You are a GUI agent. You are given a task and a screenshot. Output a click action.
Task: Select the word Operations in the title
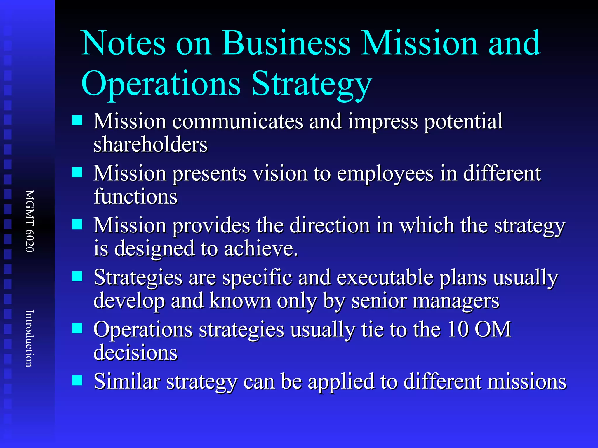pos(161,84)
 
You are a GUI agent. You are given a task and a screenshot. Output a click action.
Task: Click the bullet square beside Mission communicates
pos(77,120)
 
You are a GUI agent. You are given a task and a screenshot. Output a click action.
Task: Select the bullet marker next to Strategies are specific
pos(77,276)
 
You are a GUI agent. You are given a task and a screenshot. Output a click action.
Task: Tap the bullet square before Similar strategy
pos(77,380)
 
